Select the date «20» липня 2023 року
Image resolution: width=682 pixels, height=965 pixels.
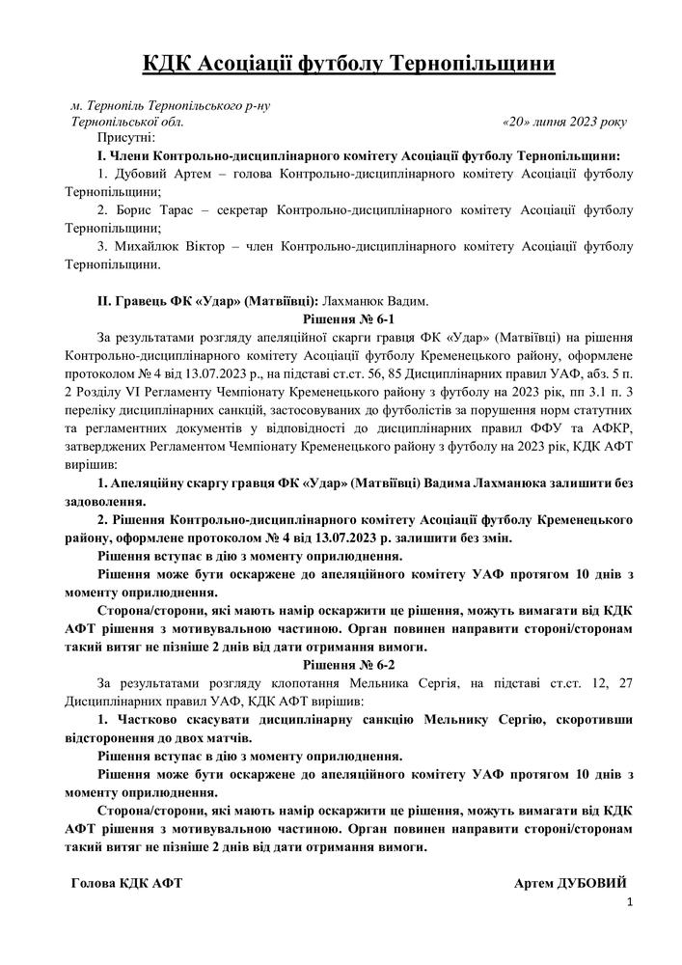coord(564,123)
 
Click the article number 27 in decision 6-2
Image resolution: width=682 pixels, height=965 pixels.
coord(624,683)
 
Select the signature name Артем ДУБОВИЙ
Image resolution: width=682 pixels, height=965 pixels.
coord(571,883)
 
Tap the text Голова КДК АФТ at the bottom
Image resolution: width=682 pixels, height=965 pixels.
coord(127,883)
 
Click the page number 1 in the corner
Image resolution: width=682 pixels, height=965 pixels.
coord(629,902)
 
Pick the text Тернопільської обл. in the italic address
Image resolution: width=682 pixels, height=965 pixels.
coord(127,123)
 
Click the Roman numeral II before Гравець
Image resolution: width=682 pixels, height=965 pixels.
coord(103,301)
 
